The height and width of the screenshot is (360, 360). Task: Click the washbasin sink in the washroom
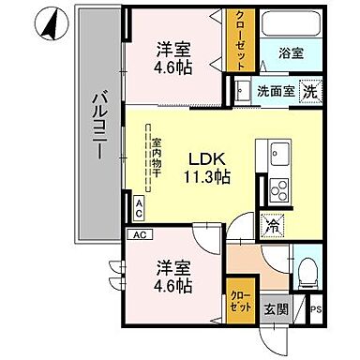tap(241, 91)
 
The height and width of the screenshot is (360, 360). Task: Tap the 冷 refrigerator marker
tap(273, 225)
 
